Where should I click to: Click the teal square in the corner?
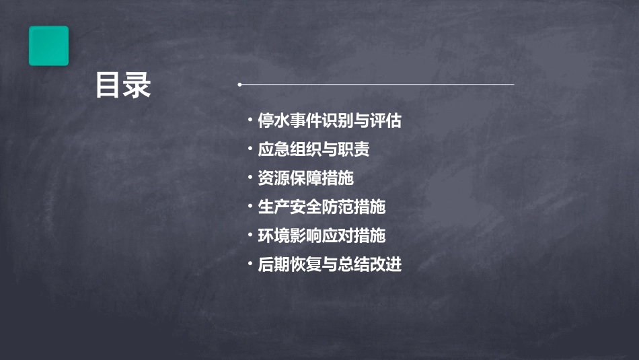pos(48,46)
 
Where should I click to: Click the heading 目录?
pos(123,86)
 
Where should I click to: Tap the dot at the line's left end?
pos(239,85)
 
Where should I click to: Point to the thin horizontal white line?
pos(377,85)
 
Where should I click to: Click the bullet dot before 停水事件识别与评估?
pos(250,120)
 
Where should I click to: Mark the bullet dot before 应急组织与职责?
pos(250,149)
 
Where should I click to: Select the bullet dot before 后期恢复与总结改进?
pos(250,264)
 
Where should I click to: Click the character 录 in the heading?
pos(138,86)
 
